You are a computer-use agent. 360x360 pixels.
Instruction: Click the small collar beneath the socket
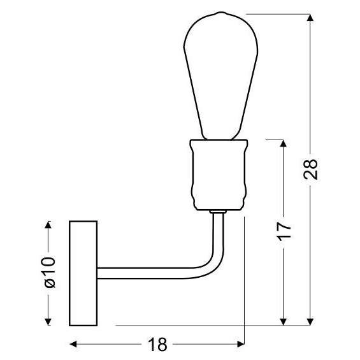[217, 211]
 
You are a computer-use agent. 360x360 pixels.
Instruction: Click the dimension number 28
[310, 170]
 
